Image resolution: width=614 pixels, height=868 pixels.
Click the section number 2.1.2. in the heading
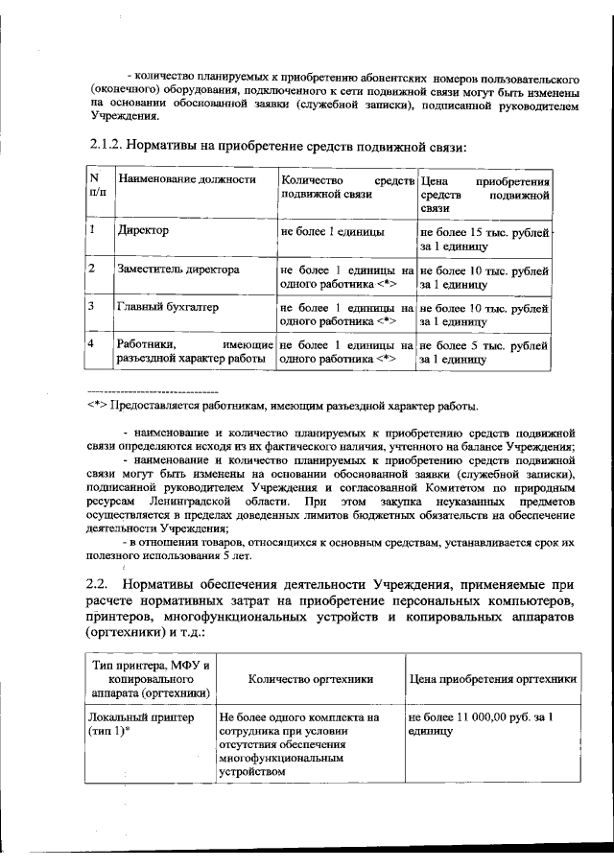(x=105, y=148)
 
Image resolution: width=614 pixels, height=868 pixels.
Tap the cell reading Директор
(x=142, y=232)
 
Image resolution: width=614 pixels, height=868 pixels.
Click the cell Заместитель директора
(x=177, y=270)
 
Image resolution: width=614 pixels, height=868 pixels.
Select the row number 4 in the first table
(x=91, y=342)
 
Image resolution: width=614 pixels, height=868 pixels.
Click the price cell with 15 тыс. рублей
(x=484, y=239)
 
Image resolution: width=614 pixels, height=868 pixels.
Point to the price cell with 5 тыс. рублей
(x=484, y=351)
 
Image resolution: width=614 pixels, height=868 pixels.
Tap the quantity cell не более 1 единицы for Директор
(x=332, y=232)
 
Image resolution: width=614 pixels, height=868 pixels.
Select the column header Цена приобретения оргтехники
(x=491, y=679)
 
